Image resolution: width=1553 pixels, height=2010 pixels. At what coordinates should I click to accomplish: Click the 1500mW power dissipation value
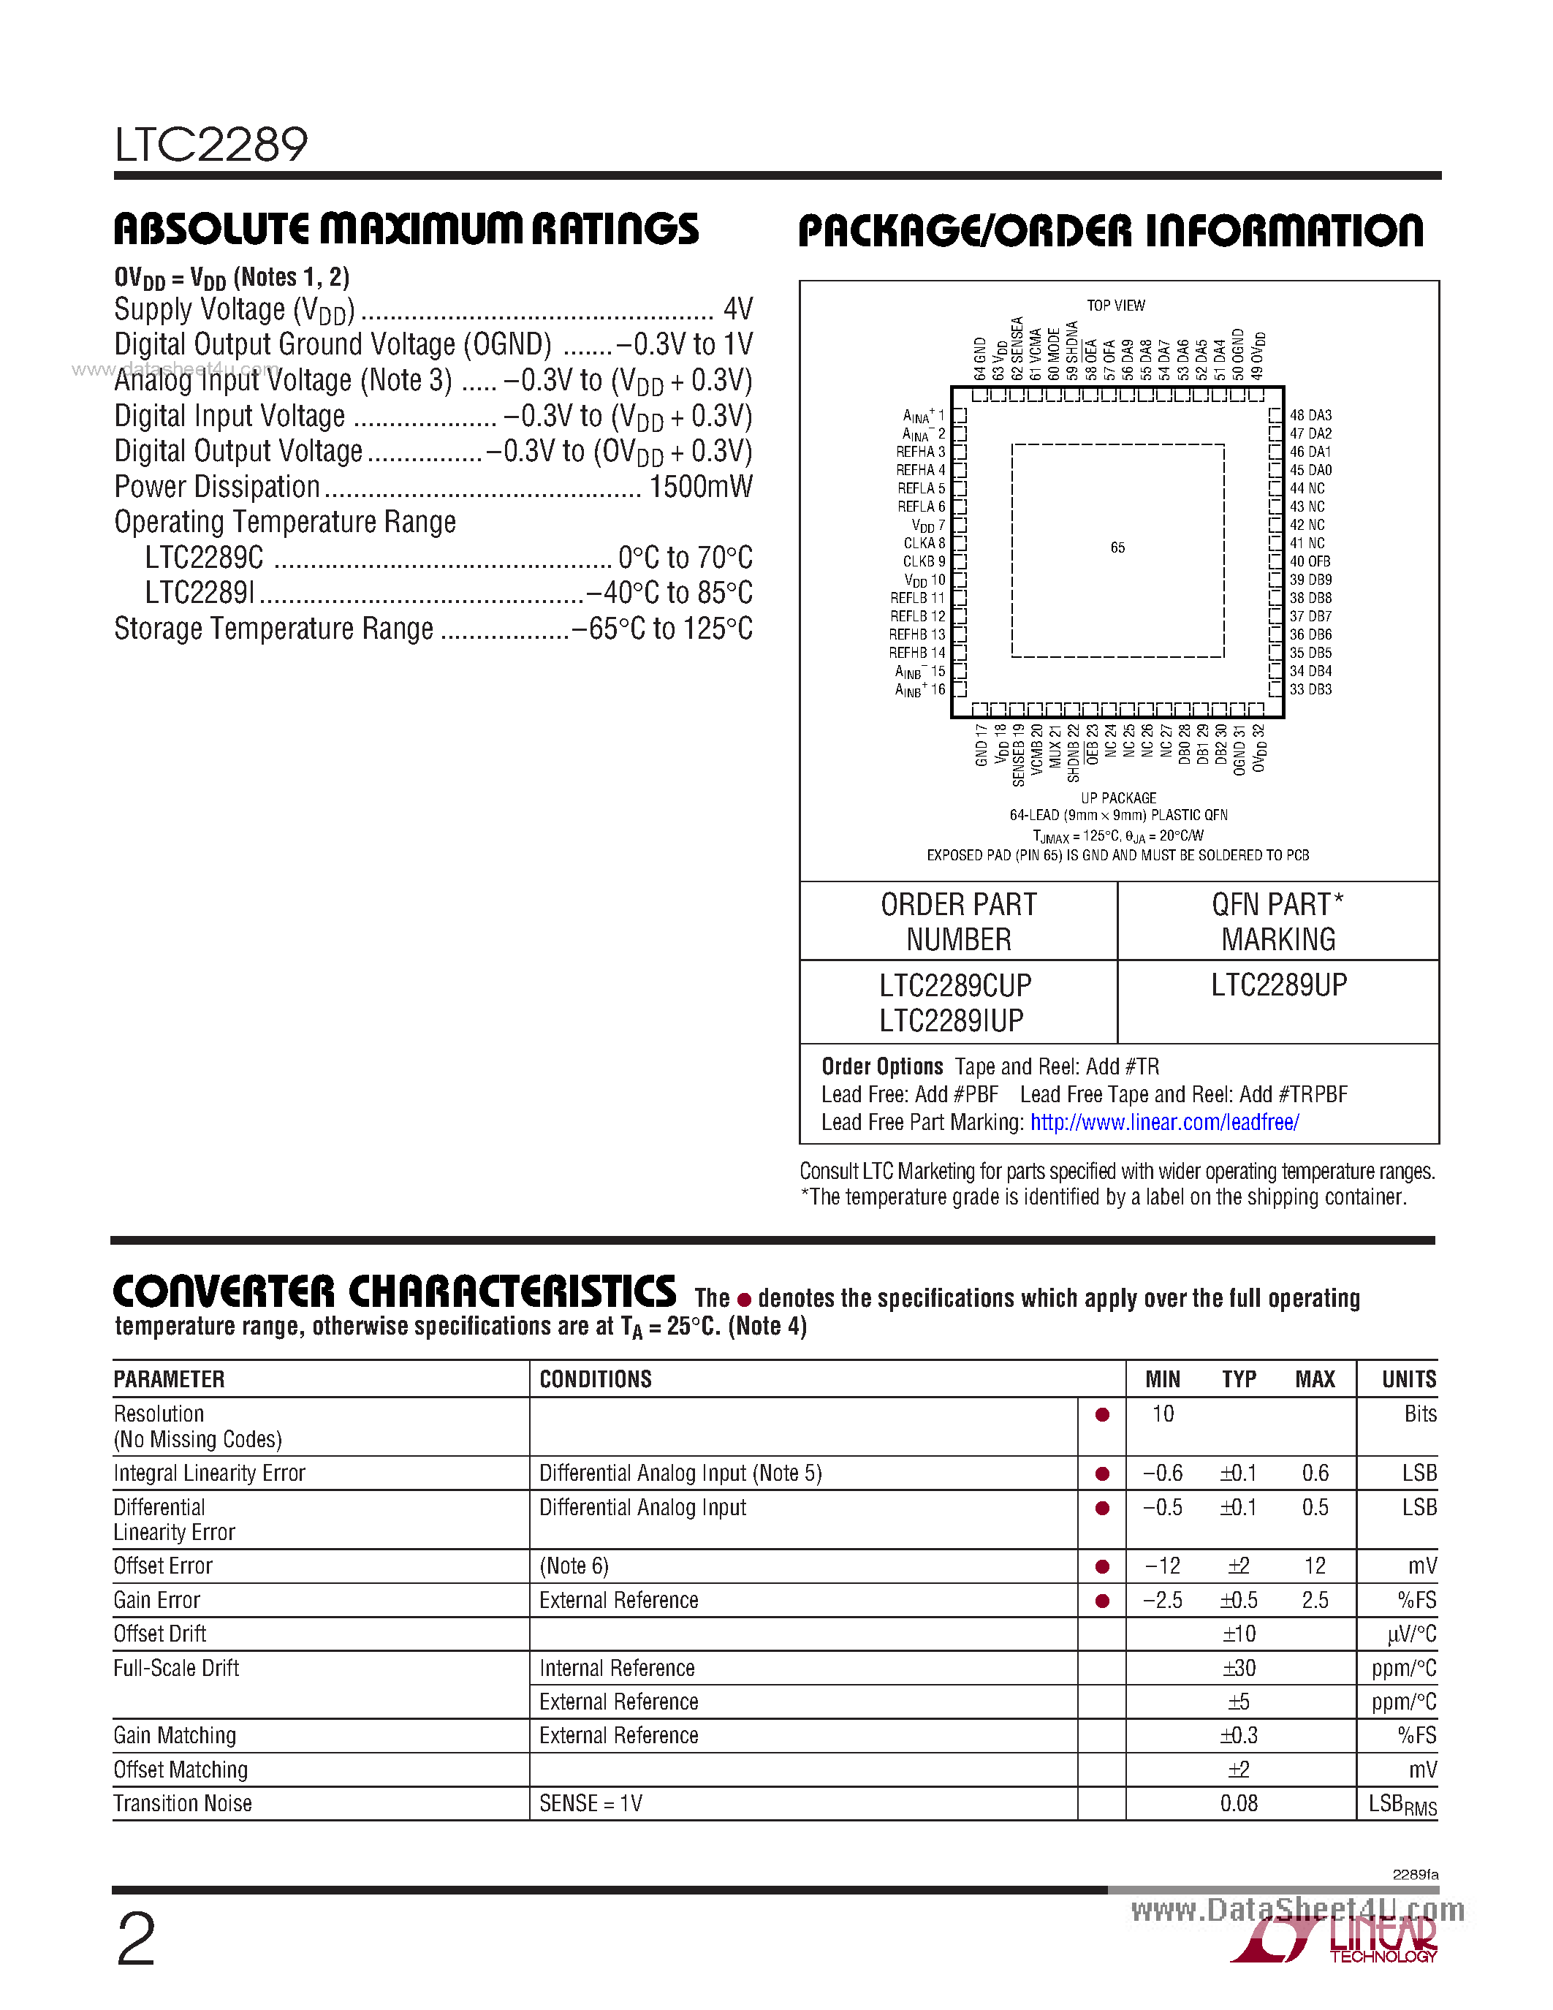click(700, 487)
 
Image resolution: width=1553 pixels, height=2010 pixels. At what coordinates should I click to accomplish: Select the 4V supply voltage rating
click(738, 308)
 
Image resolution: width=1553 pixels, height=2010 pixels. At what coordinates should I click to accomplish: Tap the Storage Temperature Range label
click(273, 629)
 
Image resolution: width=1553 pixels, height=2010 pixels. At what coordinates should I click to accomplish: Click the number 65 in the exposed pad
click(1117, 547)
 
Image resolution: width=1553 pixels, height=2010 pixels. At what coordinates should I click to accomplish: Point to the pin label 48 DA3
click(1310, 416)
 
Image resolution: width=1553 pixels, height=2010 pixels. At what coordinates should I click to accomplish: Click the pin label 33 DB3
click(1310, 689)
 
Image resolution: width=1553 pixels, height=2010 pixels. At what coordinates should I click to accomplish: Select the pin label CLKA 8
click(923, 543)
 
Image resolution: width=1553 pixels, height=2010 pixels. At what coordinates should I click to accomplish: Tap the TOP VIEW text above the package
click(1115, 306)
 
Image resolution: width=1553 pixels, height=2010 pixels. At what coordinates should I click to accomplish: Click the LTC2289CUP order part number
click(955, 986)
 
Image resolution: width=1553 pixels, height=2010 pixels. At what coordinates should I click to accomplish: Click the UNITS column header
click(1408, 1378)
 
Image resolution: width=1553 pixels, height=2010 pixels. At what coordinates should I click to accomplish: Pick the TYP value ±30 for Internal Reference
click(1238, 1668)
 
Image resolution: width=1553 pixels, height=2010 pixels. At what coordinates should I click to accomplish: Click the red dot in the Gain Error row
click(1101, 1601)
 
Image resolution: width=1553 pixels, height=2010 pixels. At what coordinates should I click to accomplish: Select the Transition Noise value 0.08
click(1238, 1803)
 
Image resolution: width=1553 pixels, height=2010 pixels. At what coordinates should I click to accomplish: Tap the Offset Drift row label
click(160, 1634)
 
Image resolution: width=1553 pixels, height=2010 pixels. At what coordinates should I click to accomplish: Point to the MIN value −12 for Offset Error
click(1162, 1566)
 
